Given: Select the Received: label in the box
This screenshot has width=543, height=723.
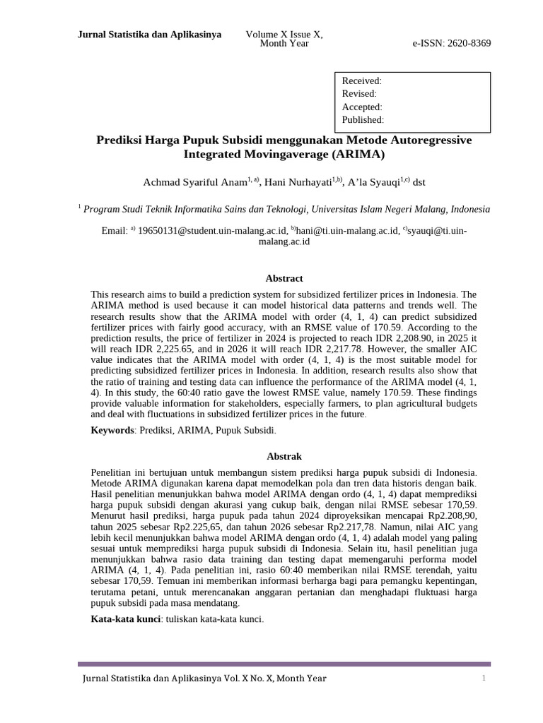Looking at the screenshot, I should [x=361, y=81].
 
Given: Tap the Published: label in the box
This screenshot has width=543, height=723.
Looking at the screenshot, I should [x=363, y=119].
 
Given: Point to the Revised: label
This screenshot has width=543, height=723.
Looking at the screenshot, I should [x=359, y=94].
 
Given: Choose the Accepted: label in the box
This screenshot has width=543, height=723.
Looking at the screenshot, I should [x=362, y=107].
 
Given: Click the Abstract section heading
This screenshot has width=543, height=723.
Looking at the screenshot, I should [x=284, y=278].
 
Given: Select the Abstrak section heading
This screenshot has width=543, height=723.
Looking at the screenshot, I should [x=284, y=456].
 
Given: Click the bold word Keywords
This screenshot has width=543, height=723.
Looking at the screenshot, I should [x=112, y=429].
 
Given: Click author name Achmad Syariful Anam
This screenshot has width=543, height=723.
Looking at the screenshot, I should [x=194, y=182].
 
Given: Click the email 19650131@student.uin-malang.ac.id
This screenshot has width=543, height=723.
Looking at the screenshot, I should [x=212, y=230].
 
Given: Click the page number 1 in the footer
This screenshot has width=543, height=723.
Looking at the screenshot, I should [x=484, y=679].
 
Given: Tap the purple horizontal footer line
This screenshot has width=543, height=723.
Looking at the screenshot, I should [x=284, y=664].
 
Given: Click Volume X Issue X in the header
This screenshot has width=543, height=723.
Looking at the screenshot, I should [x=284, y=34].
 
